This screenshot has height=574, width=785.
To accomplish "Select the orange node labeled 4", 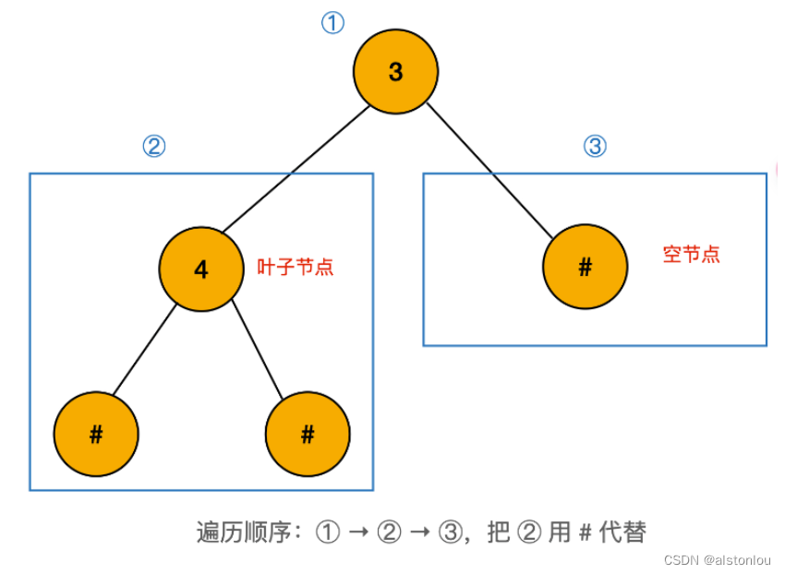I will coord(201,269).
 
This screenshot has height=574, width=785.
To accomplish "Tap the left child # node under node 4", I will coord(96,434).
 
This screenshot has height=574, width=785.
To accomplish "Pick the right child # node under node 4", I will coord(308,434).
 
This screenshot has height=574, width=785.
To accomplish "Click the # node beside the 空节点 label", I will coord(585,268).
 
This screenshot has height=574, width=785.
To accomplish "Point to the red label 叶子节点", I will coord(295,268).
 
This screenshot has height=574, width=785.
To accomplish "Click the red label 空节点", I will coord(691,254).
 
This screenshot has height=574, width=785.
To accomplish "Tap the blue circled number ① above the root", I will coord(332,23).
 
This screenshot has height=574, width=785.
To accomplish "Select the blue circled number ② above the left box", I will coord(153,147).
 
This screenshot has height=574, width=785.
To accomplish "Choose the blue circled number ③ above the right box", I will coord(596,146).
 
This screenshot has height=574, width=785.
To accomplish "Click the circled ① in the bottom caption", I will coord(328,532).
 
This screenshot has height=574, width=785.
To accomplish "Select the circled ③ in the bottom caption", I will coord(450,532).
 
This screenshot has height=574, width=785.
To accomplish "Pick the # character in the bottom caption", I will coord(585,532).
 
